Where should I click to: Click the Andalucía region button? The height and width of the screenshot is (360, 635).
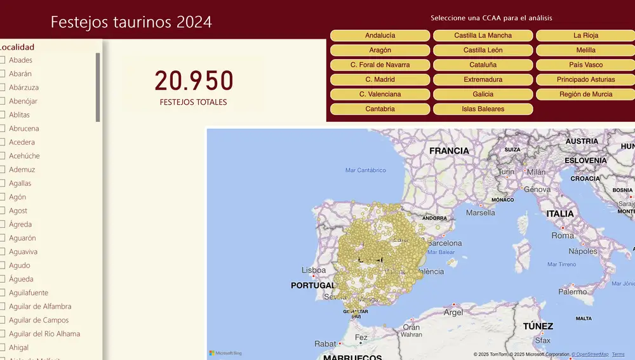point(380,36)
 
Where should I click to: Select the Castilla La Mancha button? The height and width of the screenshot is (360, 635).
point(483,36)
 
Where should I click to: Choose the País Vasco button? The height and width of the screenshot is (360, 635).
point(585,65)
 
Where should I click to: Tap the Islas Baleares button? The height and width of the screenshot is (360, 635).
point(483,109)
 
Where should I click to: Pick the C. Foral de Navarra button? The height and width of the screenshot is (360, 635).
point(380,65)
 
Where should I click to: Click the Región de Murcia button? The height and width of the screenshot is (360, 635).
point(585,94)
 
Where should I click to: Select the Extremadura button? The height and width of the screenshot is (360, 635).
point(483,79)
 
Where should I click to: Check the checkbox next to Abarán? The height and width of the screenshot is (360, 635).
point(3,74)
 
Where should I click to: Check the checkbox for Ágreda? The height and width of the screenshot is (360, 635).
point(3,224)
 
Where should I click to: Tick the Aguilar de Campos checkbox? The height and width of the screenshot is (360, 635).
point(3,320)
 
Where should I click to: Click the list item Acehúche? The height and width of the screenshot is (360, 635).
point(24,156)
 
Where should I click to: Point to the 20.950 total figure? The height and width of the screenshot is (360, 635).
point(194,81)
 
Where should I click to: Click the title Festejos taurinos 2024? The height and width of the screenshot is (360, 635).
point(131,22)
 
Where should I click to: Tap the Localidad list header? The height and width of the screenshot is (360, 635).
point(17,47)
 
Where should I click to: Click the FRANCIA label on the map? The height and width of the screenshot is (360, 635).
point(449,151)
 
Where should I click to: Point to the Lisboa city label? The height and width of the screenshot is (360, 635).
point(314,270)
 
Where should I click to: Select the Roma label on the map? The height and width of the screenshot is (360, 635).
point(563,235)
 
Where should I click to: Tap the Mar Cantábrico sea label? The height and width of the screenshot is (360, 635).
point(365,170)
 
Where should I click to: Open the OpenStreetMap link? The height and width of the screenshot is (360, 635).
point(590,354)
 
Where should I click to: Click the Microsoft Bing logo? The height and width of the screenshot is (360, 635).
point(225,353)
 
